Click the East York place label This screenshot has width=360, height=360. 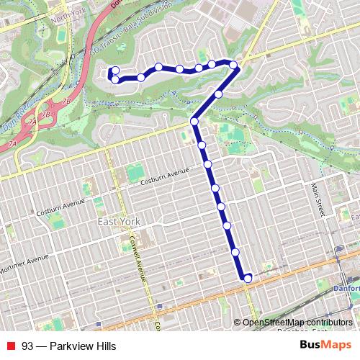[x=119, y=222]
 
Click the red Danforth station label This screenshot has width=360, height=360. [x=348, y=288]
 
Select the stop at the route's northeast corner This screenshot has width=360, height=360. [x=234, y=66]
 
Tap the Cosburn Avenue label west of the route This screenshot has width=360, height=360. [x=165, y=173]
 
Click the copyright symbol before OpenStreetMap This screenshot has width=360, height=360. [x=238, y=322]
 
